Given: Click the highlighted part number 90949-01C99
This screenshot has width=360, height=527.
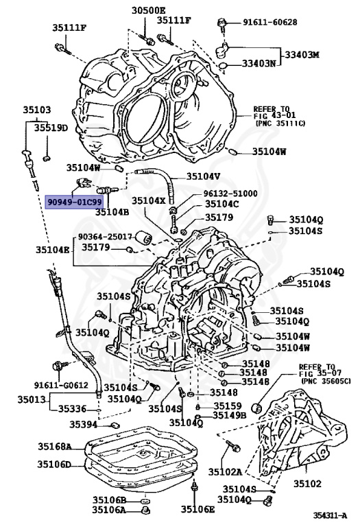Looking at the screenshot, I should click(x=75, y=202).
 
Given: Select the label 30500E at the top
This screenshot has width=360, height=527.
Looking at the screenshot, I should click(x=149, y=10).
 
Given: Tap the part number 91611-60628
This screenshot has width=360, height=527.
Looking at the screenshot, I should click(x=269, y=22).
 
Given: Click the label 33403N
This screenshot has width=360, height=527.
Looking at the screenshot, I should click(x=258, y=64).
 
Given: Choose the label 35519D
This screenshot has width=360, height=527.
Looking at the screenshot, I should click(x=52, y=127).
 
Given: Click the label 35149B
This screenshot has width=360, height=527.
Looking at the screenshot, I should click(x=230, y=414).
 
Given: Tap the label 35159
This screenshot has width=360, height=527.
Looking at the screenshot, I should click(x=223, y=404).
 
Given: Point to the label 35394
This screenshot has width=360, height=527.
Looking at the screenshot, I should click(x=84, y=425).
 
